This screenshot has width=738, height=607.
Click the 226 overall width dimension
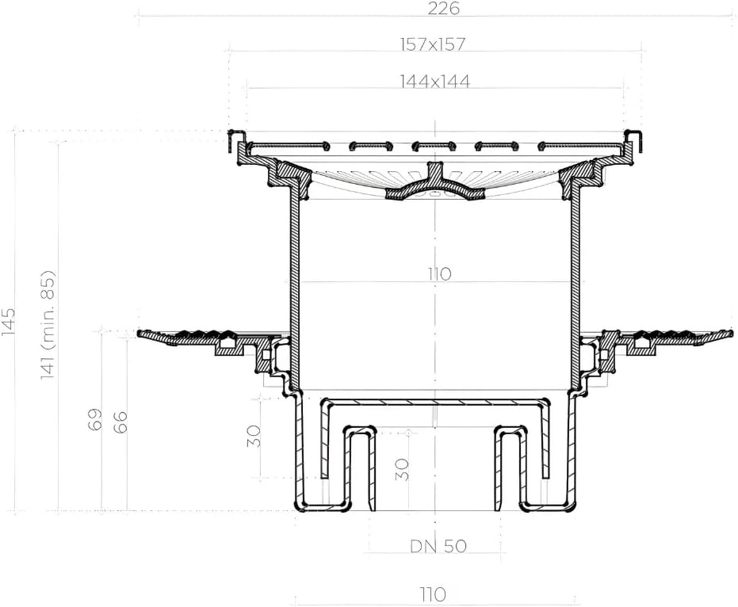[x=443, y=9]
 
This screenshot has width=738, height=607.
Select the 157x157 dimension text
[x=433, y=44]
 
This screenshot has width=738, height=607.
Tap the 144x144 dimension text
[x=435, y=82]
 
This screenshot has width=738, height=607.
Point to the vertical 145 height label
[x=8, y=322]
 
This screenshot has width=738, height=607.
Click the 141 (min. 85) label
[x=48, y=326]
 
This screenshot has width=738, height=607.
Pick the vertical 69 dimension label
[x=94, y=419]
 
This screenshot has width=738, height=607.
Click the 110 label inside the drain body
[x=439, y=274]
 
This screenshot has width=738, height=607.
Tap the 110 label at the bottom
[x=434, y=594]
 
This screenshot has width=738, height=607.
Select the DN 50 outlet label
[x=438, y=546]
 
